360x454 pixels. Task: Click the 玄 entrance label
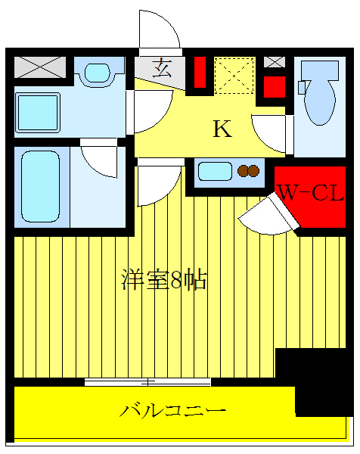[162, 68]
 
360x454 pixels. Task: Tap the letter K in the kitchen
[222, 129]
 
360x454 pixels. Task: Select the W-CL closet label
[311, 192]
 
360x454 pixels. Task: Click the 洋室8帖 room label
[164, 279]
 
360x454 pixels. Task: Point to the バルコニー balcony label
[172, 411]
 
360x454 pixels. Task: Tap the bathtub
[41, 187]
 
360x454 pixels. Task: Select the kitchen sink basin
[215, 171]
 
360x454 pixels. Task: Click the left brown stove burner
[243, 171]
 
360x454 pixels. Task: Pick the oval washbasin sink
[98, 73]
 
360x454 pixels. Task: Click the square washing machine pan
[38, 113]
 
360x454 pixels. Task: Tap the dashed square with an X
[234, 76]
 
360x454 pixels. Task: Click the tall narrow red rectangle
[200, 72]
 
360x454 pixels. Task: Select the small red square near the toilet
[275, 87]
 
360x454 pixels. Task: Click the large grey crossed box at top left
[40, 67]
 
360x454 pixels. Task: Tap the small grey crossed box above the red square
[275, 62]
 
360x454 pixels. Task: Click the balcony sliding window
[147, 382]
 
